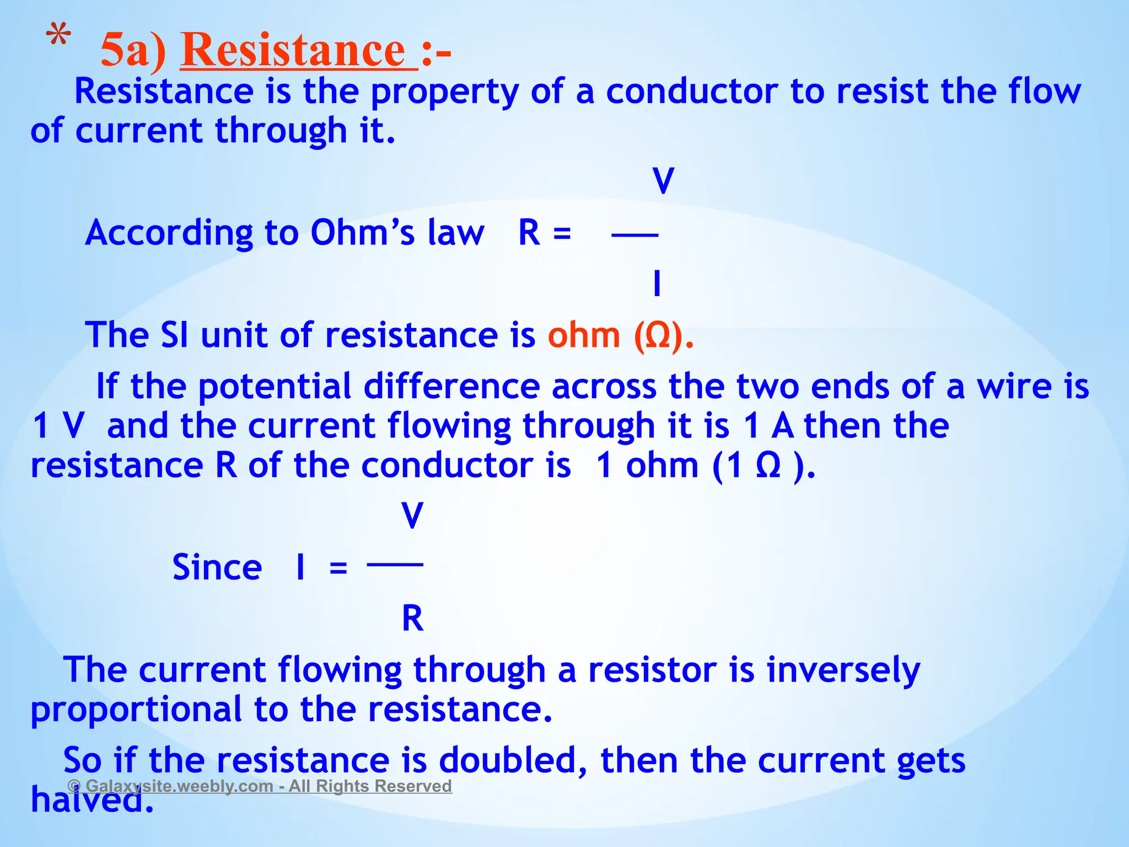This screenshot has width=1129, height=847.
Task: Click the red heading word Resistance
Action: tap(298, 51)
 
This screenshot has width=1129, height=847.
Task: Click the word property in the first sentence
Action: tap(444, 92)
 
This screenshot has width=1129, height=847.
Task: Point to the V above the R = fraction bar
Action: tap(663, 181)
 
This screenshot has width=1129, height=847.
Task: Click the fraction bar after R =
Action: tap(635, 235)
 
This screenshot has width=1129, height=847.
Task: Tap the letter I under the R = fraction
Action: tap(657, 284)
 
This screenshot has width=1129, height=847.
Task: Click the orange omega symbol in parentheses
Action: tap(658, 336)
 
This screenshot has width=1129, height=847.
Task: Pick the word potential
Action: tap(275, 387)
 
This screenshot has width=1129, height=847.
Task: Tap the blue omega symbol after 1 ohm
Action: tap(768, 466)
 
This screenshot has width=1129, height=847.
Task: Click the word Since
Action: tap(217, 567)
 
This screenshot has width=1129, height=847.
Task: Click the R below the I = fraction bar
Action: tap(412, 618)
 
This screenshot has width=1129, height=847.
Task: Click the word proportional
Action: tap(136, 710)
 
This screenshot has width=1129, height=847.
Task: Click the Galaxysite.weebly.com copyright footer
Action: tap(260, 786)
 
